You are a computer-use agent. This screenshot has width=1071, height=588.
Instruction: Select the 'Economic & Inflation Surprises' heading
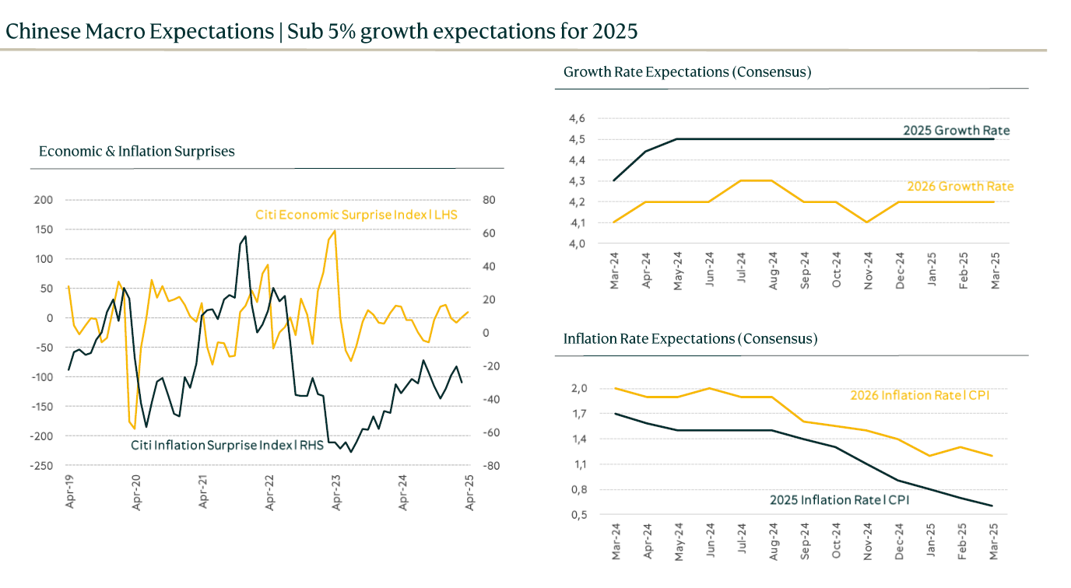[136, 152]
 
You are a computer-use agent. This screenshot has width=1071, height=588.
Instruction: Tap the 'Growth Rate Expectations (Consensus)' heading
[687, 72]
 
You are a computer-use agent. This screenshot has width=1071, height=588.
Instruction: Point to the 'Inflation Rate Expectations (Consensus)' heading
[690, 339]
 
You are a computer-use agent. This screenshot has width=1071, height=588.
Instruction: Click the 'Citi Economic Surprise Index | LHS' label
[356, 215]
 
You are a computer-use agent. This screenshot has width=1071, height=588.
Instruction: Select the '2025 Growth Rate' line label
[956, 131]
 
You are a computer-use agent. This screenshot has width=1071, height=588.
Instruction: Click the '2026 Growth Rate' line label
[960, 187]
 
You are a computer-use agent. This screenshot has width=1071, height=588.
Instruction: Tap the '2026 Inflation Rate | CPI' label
[922, 395]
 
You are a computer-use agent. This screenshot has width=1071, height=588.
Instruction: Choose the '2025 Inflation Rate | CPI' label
[839, 500]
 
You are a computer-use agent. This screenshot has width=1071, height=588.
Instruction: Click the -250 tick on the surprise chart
[42, 466]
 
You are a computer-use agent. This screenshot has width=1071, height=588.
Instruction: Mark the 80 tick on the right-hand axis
[489, 200]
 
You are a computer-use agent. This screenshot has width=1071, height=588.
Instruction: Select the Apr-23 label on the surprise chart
[336, 492]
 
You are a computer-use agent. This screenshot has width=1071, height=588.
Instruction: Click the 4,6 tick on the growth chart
[577, 119]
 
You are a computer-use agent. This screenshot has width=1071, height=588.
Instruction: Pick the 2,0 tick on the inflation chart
[578, 388]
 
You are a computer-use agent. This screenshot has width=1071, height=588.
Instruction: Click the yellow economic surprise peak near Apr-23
[335, 231]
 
